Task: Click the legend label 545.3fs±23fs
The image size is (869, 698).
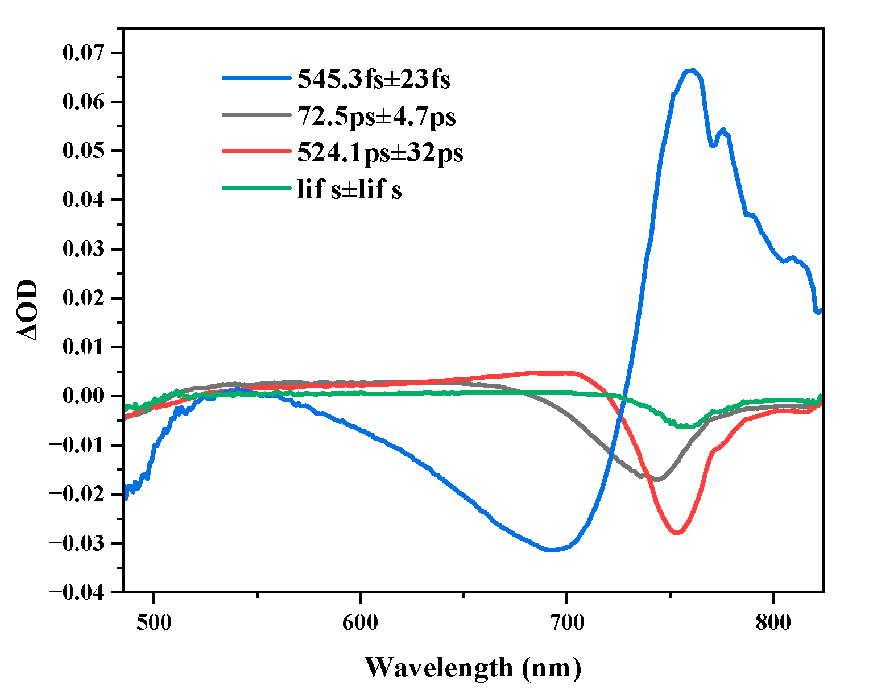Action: click(373, 80)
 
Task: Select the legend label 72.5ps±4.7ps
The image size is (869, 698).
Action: click(376, 117)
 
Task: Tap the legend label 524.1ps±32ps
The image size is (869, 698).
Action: click(380, 153)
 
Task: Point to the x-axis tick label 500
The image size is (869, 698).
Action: click(154, 622)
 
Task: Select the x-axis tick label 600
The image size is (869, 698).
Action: click(361, 622)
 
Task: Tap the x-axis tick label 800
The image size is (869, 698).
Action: click(773, 622)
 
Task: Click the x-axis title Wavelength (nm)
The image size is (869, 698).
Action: click(473, 667)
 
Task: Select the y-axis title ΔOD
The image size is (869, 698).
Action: click(27, 310)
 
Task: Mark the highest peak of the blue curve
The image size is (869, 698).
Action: click(690, 70)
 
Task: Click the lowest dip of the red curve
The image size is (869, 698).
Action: click(677, 533)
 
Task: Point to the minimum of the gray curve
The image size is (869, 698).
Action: click(657, 480)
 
